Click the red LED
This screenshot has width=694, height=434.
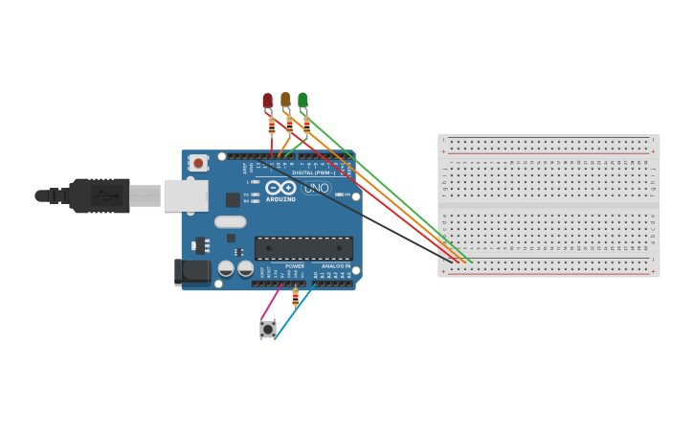click(x=267, y=101)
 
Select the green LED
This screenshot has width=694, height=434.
click(x=302, y=100)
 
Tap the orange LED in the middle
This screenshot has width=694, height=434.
click(x=285, y=100)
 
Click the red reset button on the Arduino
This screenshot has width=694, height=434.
click(x=198, y=163)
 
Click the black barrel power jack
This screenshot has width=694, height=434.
click(x=193, y=271)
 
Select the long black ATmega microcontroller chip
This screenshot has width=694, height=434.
click(x=303, y=248)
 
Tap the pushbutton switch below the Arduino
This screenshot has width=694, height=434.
click(x=268, y=329)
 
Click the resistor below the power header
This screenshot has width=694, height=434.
click(x=295, y=297)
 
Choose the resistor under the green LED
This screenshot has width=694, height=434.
click(x=306, y=124)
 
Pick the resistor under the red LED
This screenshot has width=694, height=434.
click(x=272, y=126)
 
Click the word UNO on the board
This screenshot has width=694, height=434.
click(x=317, y=189)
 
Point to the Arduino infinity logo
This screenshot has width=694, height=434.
click(x=280, y=188)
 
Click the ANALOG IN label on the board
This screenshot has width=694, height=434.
click(x=335, y=266)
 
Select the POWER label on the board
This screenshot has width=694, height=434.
click(x=295, y=266)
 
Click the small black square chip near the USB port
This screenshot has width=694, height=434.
click(x=233, y=200)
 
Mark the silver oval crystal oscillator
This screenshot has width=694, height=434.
click(x=230, y=222)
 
